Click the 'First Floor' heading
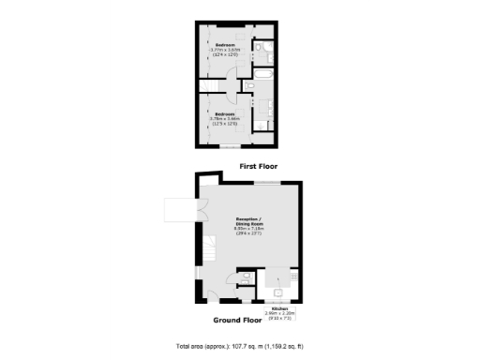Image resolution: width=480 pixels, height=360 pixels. coord(258,166)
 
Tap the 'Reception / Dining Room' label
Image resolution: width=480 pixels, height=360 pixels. coord(250,221)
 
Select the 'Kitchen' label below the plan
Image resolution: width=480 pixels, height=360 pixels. coord(279,308)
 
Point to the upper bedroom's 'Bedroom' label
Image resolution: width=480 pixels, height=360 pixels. coord(226,45)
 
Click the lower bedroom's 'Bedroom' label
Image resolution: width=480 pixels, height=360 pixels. coord(226,114)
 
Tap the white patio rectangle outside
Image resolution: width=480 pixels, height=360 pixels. coord(179,210)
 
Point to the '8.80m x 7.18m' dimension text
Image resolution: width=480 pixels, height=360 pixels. coord(250,230)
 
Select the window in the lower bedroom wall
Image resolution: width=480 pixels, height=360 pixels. coord(230,146)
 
